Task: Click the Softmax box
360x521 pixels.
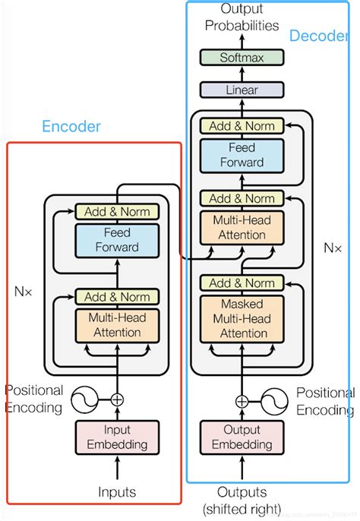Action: click(241, 57)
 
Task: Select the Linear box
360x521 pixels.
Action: click(241, 90)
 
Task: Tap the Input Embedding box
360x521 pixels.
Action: click(118, 437)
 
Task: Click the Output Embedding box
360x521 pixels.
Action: click(242, 437)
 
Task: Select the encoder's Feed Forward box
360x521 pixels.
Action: click(118, 239)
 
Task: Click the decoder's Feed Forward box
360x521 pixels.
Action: click(242, 154)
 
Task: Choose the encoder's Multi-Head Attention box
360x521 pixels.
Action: click(118, 325)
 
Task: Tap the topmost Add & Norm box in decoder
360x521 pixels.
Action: click(242, 125)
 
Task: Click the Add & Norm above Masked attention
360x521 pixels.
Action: click(242, 283)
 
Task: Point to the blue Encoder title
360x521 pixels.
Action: click(71, 127)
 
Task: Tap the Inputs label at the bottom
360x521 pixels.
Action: click(118, 492)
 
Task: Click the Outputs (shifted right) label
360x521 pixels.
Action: click(242, 500)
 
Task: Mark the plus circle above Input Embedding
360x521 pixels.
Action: click(117, 399)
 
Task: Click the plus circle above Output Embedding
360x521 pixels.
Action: click(242, 402)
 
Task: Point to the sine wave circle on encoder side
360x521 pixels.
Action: click(85, 399)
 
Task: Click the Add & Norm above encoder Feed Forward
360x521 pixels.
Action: click(118, 211)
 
